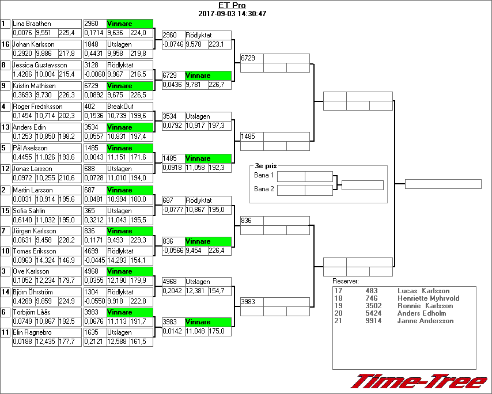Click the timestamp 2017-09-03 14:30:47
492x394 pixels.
point(232,13)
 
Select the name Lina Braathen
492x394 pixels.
point(32,24)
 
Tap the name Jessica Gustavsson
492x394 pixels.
point(40,65)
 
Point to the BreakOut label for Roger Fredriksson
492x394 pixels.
point(120,107)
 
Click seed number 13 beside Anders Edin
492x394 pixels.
point(6,127)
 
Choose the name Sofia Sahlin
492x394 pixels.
point(29,211)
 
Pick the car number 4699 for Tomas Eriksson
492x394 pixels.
point(92,251)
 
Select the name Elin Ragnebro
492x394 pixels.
point(32,332)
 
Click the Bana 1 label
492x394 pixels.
point(264,175)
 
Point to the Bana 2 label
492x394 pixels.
point(264,189)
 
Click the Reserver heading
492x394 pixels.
point(346,281)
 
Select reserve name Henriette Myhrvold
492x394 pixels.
point(428,298)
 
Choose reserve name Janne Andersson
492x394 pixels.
point(425,321)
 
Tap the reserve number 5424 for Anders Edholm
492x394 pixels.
point(373,313)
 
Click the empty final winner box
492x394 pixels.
point(443,184)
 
